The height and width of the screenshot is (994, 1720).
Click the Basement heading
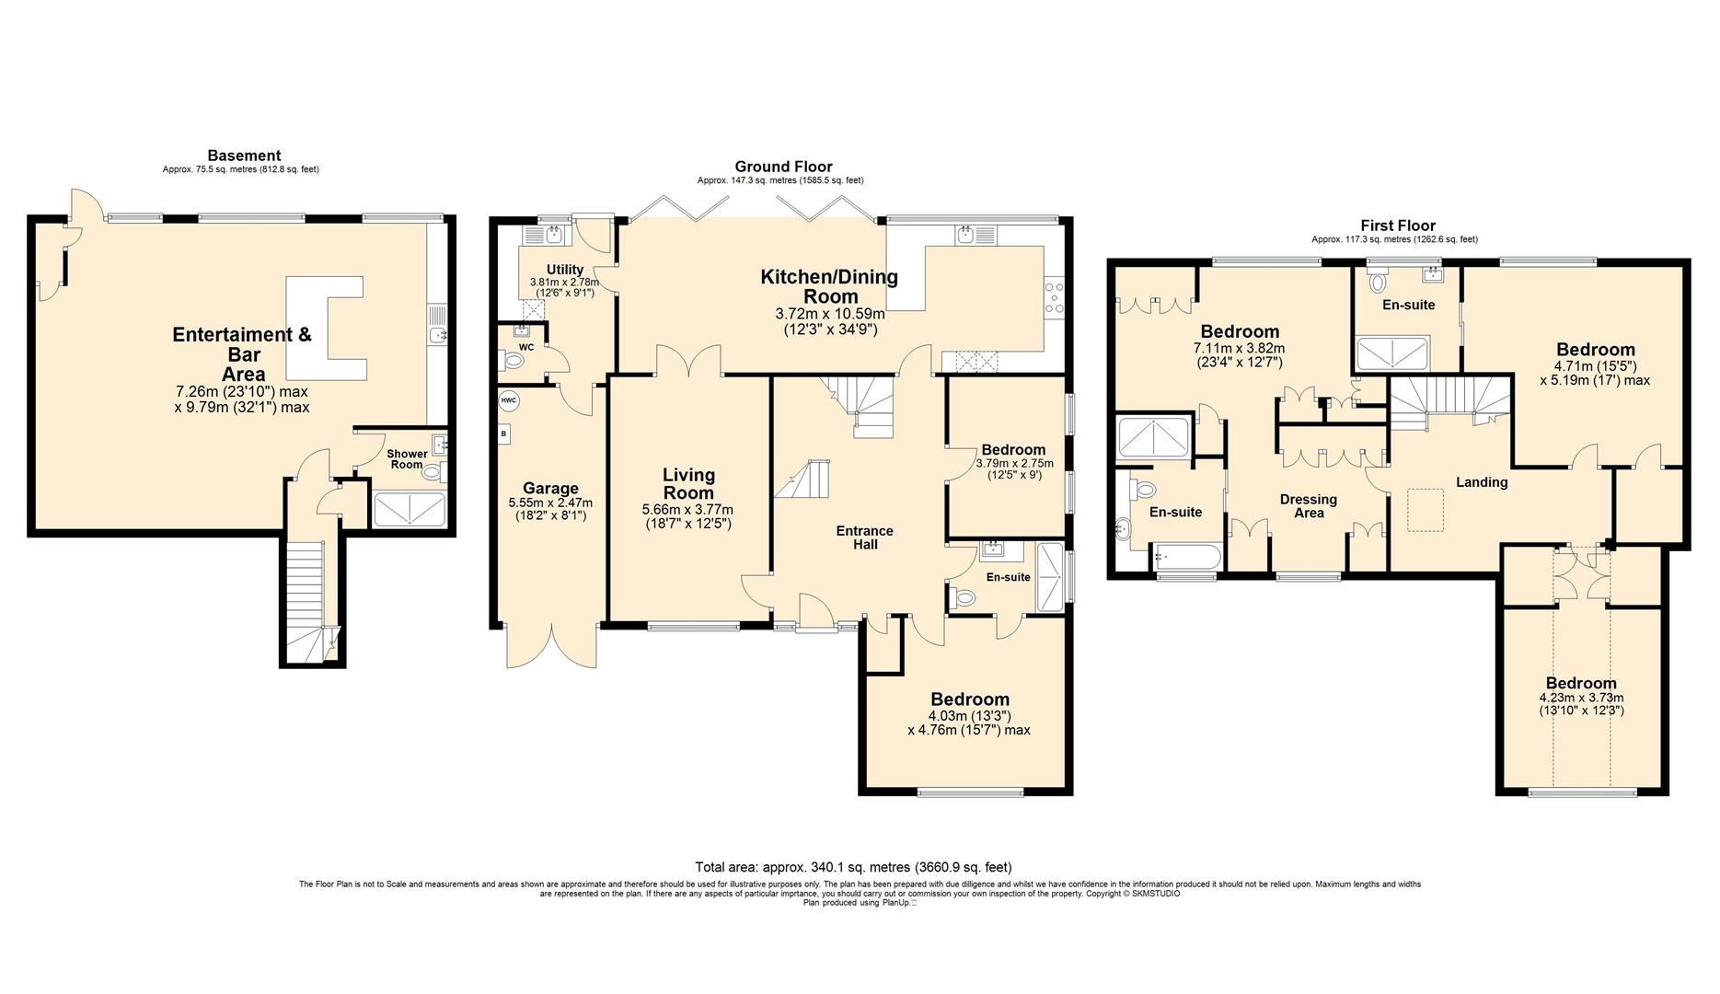point(244,156)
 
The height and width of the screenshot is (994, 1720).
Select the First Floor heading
point(1398,225)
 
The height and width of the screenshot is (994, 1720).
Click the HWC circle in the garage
point(509,401)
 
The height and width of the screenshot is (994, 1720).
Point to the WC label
point(526,347)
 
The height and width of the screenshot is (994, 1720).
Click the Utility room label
point(564,270)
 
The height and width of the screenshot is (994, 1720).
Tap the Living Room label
point(688,483)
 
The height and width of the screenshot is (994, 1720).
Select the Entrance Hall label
point(864,537)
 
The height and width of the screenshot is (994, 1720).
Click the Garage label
point(550,489)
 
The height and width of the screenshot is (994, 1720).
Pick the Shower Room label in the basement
point(407,459)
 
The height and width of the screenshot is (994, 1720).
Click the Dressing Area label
point(1309,506)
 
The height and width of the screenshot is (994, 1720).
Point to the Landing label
point(1482,482)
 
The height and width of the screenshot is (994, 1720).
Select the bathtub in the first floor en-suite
point(1186,556)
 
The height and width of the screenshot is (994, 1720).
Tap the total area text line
point(853,867)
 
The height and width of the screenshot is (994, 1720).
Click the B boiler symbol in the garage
point(504,433)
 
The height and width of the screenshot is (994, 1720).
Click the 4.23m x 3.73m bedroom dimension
point(1581,698)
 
